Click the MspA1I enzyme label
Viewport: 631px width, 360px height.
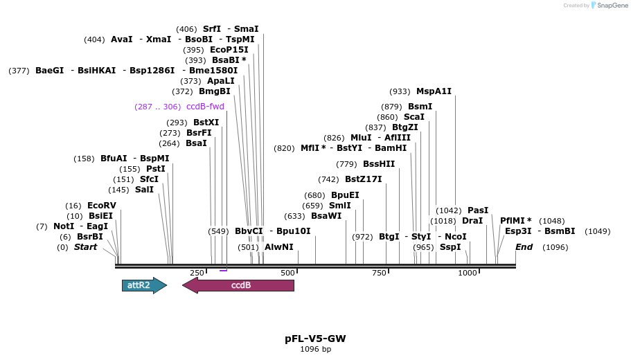click(x=434, y=91)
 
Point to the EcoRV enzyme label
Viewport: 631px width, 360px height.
click(x=102, y=206)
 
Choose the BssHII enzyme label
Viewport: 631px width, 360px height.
click(x=379, y=164)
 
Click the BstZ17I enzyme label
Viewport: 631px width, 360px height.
click(x=364, y=179)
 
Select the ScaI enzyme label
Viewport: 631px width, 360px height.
click(x=414, y=117)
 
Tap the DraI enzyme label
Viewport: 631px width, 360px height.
click(x=472, y=221)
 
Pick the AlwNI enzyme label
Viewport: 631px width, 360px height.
click(x=279, y=246)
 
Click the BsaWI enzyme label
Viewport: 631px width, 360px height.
click(x=326, y=215)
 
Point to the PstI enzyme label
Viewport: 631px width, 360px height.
click(x=156, y=169)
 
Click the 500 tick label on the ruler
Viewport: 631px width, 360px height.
click(x=288, y=273)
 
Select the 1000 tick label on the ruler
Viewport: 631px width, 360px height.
click(x=468, y=273)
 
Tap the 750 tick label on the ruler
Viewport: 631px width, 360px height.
click(x=378, y=273)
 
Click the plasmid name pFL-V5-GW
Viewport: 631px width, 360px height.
click(x=315, y=339)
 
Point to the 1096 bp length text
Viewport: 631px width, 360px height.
click(x=315, y=349)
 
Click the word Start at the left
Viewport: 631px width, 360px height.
click(x=86, y=247)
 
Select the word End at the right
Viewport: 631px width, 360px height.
click(x=524, y=247)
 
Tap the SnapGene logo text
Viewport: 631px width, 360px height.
click(x=612, y=5)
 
